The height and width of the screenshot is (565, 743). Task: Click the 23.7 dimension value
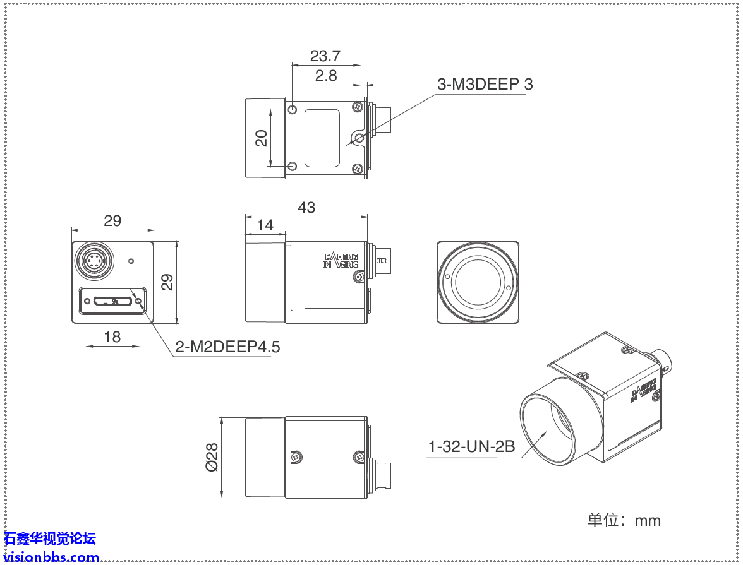(x=325, y=56)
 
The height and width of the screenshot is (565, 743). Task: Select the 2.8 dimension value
(x=326, y=76)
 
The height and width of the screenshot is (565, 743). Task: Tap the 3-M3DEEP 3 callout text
(x=485, y=84)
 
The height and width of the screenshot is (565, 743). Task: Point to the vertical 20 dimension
(x=262, y=138)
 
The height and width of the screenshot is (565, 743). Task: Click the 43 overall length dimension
(x=306, y=207)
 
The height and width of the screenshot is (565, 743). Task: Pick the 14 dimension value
(x=265, y=225)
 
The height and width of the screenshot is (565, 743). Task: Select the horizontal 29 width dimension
(x=112, y=221)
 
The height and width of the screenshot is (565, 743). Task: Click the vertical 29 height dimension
(x=167, y=282)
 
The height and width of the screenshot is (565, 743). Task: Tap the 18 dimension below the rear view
(x=112, y=337)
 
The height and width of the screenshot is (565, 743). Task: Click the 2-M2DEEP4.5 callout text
(x=227, y=347)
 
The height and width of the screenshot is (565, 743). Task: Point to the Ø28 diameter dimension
(x=212, y=456)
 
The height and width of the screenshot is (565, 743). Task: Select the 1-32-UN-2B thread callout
(x=471, y=447)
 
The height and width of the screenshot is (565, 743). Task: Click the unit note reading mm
(x=624, y=520)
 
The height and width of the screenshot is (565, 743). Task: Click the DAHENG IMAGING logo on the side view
(x=341, y=261)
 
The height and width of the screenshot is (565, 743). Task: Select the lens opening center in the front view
(x=478, y=282)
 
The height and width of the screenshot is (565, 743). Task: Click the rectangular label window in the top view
(x=322, y=138)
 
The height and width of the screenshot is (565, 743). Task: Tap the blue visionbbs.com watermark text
(x=51, y=557)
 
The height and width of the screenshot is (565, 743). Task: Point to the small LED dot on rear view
(x=131, y=261)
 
